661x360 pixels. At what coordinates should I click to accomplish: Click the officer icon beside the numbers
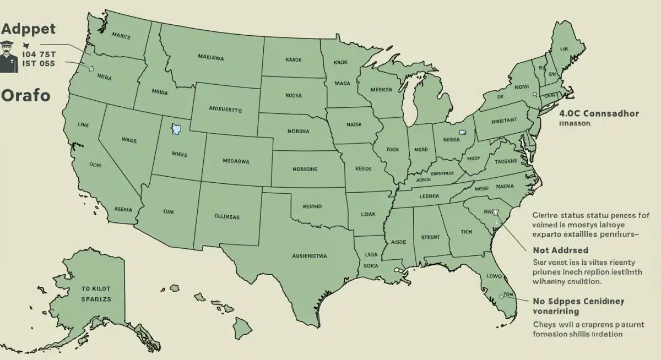(x=8, y=56)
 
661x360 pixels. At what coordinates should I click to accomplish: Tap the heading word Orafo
(x=25, y=95)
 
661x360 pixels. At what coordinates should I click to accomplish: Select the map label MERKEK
(x=382, y=90)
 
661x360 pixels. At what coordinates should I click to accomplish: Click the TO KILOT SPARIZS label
(x=96, y=293)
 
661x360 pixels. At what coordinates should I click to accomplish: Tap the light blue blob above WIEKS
(x=176, y=130)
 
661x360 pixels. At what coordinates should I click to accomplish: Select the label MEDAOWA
(x=236, y=161)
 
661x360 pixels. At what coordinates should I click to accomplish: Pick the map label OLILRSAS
(x=227, y=216)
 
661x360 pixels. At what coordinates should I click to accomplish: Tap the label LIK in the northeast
(x=564, y=50)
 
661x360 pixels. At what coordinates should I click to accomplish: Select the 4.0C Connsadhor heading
(x=599, y=114)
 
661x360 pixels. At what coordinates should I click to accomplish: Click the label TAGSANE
(x=505, y=161)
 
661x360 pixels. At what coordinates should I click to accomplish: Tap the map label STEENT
(x=430, y=237)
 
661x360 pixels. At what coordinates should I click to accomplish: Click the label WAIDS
(x=129, y=140)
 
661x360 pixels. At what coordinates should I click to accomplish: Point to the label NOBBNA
(x=299, y=132)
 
